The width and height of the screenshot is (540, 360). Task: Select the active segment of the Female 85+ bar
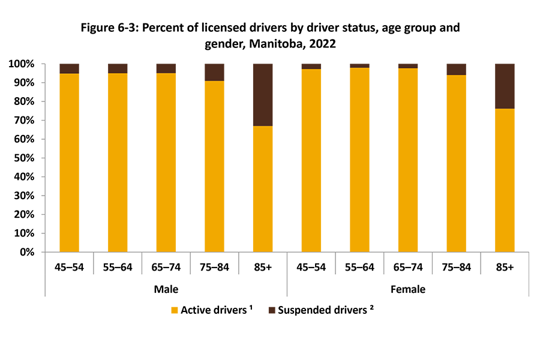pyautogui.click(x=505, y=180)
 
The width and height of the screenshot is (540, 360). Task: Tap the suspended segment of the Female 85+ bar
pyautogui.click(x=505, y=86)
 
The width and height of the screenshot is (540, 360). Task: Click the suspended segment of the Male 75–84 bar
pyautogui.click(x=214, y=72)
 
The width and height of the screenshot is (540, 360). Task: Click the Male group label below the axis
pyautogui.click(x=166, y=289)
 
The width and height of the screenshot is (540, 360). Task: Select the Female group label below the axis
pyautogui.click(x=408, y=289)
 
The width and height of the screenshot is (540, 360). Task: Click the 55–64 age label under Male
pyautogui.click(x=118, y=268)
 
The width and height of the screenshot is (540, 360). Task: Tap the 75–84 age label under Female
pyautogui.click(x=457, y=268)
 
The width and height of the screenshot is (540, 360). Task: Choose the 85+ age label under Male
pyautogui.click(x=263, y=268)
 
